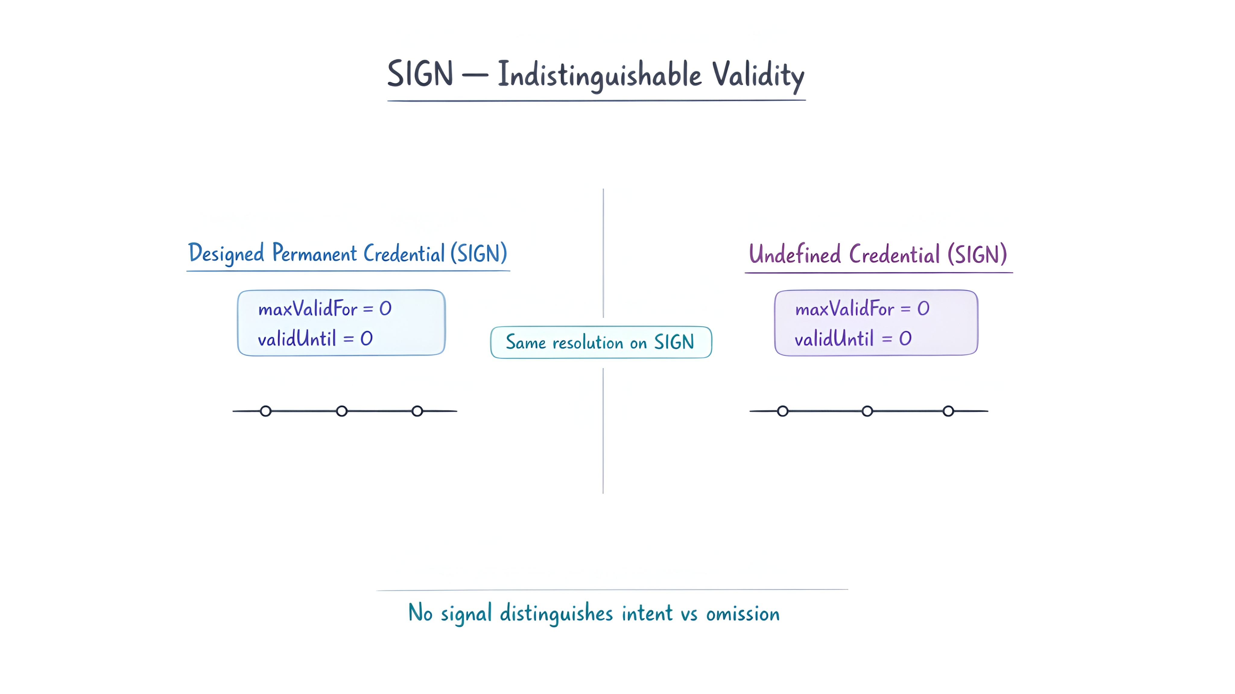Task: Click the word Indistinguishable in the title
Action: coord(599,75)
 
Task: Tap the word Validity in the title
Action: coord(758,75)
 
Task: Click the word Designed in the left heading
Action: coord(226,253)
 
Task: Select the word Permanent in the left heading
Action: coord(315,253)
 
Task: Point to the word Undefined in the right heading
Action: coord(794,255)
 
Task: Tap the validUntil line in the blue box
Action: coord(315,339)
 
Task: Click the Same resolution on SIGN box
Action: coord(601,342)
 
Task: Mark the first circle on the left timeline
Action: coord(266,411)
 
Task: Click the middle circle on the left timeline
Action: coord(341,411)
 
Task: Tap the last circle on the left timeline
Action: coord(417,411)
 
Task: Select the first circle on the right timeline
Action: coord(782,411)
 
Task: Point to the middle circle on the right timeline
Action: coord(867,411)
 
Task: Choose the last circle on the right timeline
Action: coord(948,411)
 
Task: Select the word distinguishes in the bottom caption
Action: coord(556,614)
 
